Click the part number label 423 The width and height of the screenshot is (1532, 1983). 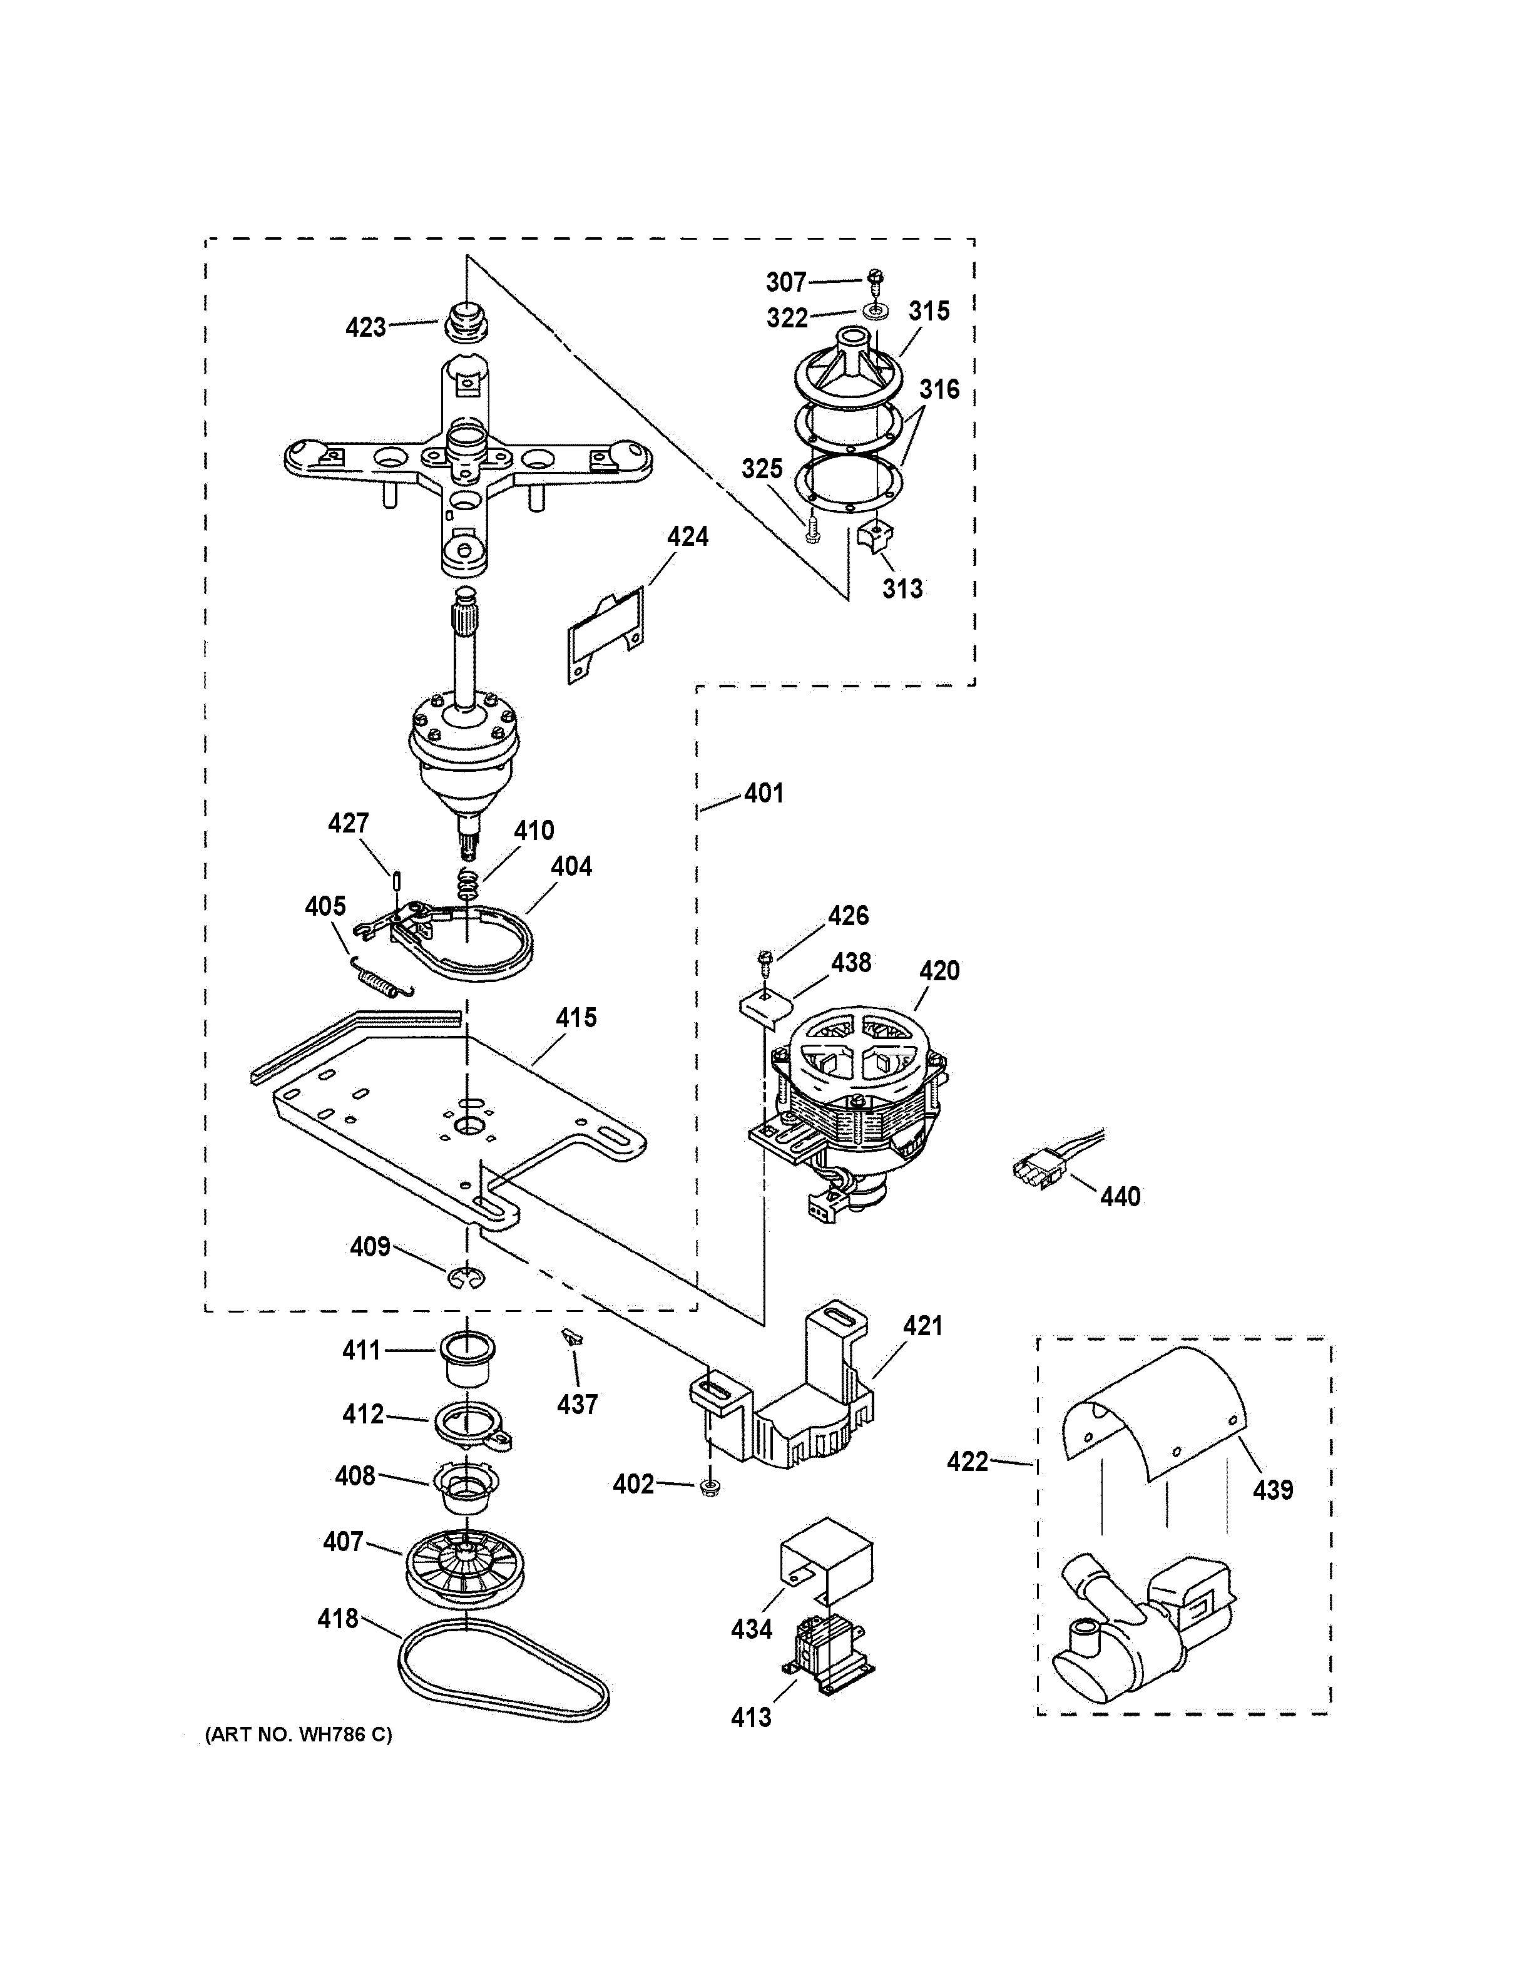click(365, 327)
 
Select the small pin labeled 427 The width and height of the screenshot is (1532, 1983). click(397, 881)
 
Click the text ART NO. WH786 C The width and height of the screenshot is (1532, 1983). click(299, 1735)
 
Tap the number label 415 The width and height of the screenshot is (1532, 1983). click(576, 1017)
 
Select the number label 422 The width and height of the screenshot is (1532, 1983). click(968, 1462)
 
